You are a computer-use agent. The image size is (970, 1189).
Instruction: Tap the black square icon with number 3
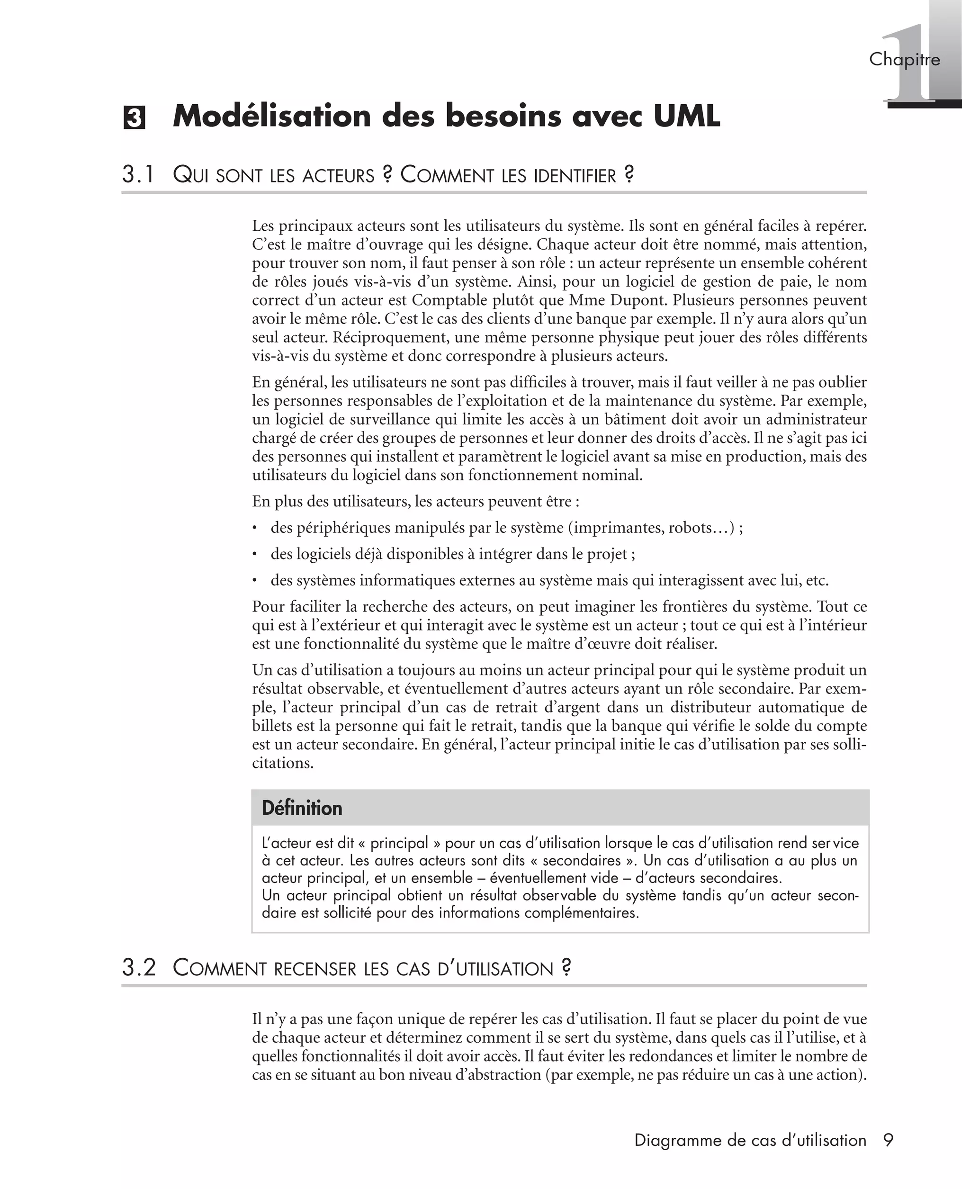point(134,118)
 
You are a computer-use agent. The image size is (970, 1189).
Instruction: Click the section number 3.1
point(138,175)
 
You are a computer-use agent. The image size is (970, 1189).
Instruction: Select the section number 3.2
point(139,968)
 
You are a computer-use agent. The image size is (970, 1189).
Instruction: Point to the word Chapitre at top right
point(904,59)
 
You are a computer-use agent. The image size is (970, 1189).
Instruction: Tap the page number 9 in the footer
point(889,1140)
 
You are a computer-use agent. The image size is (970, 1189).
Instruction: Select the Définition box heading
point(302,808)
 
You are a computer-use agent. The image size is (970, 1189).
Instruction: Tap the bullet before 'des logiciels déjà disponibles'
point(255,554)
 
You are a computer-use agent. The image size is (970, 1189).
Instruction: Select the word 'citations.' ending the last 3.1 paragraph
point(283,763)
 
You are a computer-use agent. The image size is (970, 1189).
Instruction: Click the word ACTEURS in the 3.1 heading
point(338,176)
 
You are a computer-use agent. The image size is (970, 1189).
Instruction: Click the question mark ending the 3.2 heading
point(566,967)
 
